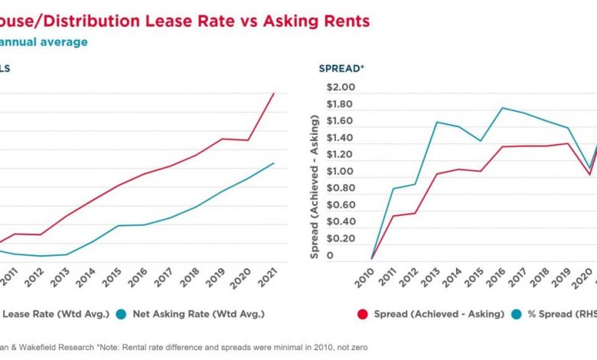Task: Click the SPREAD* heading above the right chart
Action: pos(341,68)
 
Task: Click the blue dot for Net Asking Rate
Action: pos(121,313)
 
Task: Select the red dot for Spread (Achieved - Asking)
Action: pos(363,313)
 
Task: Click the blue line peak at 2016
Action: pos(502,108)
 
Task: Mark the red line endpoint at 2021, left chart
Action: pos(274,93)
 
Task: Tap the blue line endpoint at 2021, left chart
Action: pos(274,163)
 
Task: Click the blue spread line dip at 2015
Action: pos(480,141)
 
